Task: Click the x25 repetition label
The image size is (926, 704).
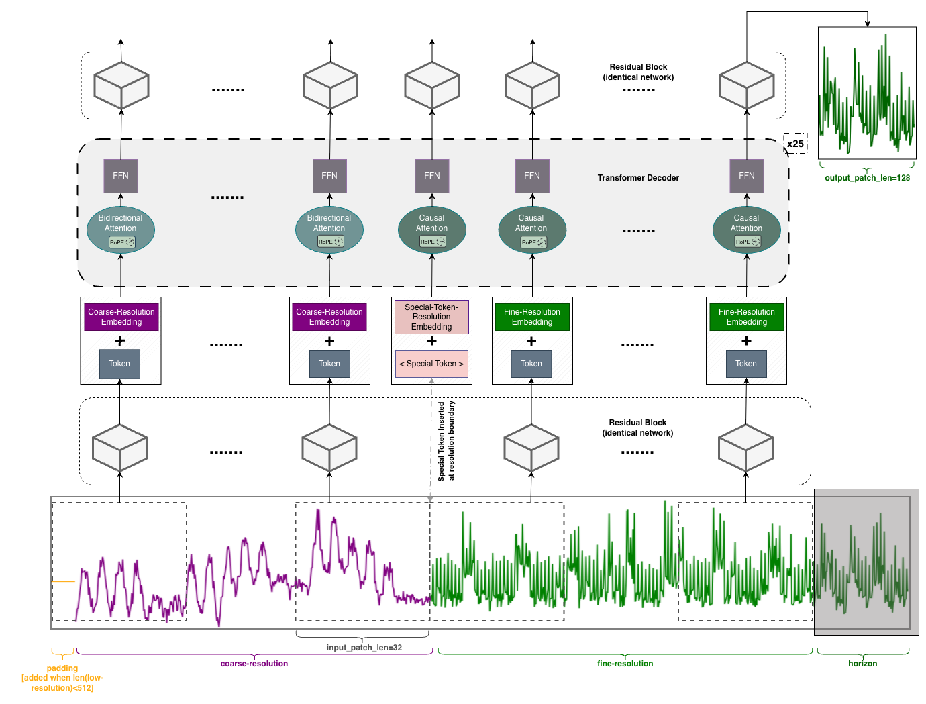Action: click(795, 144)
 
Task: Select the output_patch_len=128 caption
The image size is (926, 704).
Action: click(867, 178)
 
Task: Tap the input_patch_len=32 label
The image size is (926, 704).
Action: click(364, 648)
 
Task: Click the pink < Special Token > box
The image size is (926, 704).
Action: click(431, 364)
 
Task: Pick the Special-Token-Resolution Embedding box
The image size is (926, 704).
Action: click(431, 317)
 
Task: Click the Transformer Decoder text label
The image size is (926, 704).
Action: click(638, 178)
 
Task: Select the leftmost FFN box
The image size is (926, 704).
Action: click(121, 176)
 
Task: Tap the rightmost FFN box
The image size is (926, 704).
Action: click(746, 176)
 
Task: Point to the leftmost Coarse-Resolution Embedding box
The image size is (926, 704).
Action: click(121, 317)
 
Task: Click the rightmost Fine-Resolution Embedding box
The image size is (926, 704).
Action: click(746, 317)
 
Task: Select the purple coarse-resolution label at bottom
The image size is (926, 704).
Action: click(254, 664)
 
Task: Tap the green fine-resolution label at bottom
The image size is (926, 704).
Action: click(625, 664)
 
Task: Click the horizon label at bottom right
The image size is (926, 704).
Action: click(862, 664)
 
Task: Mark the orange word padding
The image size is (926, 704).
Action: click(62, 668)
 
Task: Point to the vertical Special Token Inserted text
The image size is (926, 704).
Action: click(446, 441)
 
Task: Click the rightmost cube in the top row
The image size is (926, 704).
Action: click(746, 86)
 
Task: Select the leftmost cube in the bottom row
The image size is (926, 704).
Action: click(119, 448)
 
